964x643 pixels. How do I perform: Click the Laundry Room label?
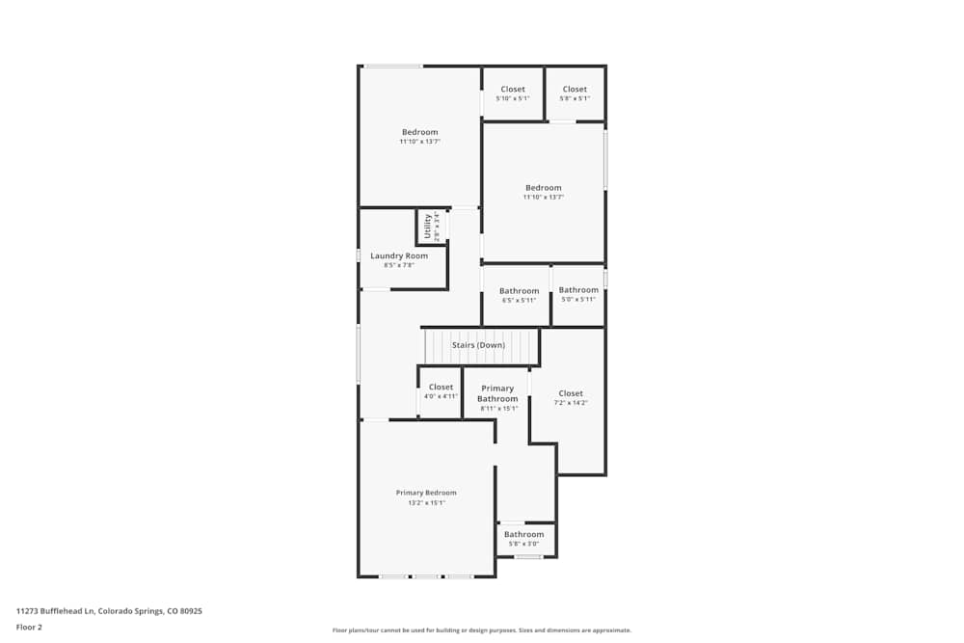[399, 255]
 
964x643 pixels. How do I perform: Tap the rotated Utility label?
[427, 227]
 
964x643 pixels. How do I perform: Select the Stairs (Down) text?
[478, 345]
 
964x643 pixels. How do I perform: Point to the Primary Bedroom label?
[426, 493]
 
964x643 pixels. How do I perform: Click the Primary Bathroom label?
[497, 393]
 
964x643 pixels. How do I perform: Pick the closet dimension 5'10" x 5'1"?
[513, 98]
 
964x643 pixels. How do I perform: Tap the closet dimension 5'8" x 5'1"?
[575, 98]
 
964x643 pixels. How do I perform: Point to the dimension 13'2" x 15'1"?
[426, 502]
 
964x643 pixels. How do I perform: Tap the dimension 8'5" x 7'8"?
[399, 265]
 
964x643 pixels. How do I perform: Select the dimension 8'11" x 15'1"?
[498, 408]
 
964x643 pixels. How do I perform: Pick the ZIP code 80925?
[190, 611]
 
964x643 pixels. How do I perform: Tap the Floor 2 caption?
[29, 627]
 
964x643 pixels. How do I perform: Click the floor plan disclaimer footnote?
[482, 630]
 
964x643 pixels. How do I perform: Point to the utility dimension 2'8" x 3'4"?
[437, 227]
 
